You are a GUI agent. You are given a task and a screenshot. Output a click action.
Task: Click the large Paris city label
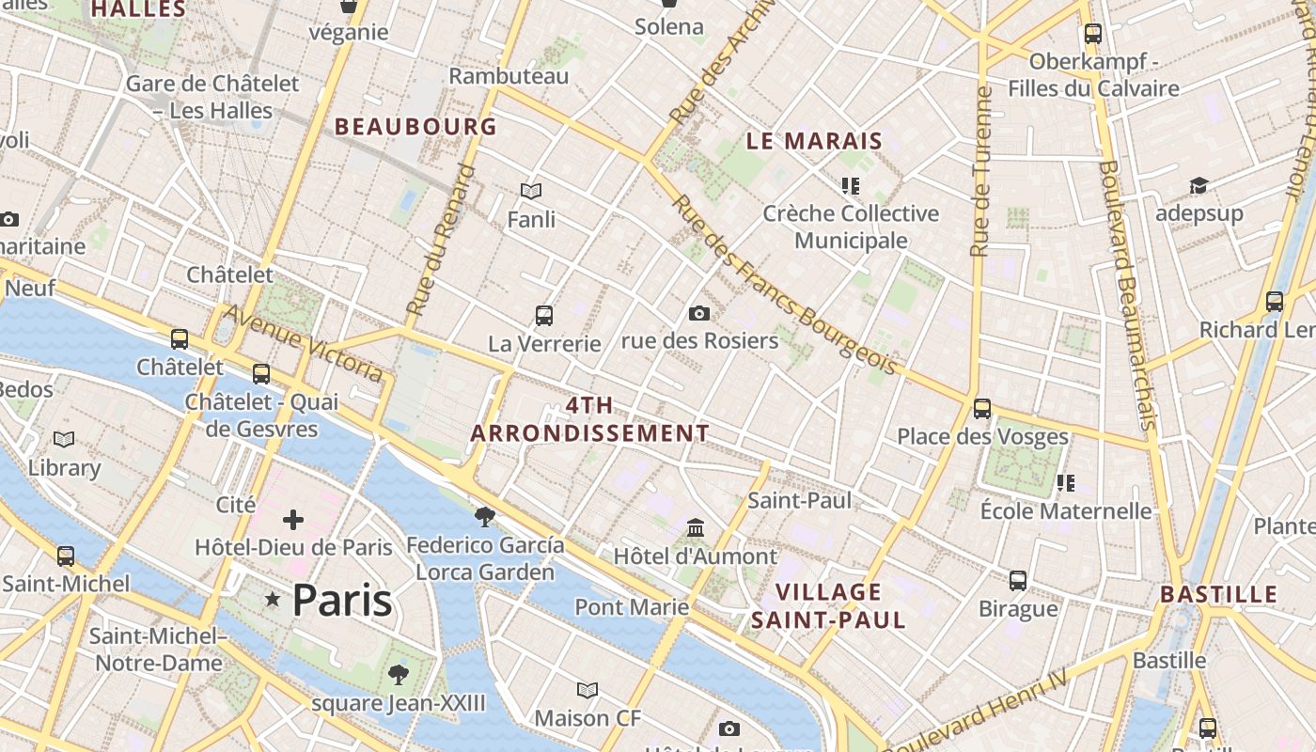coord(341,600)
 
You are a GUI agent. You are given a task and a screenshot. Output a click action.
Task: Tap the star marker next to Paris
coord(273,599)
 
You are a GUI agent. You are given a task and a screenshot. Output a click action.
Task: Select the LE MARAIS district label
coord(814,142)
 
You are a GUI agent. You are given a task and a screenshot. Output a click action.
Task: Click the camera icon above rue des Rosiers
coord(699,313)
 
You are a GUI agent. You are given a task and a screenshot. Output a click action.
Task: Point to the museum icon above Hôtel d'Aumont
coord(696,527)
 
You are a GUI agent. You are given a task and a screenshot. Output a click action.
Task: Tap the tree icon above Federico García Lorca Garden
coord(485,516)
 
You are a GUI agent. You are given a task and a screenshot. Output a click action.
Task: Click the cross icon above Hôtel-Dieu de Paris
coord(293,519)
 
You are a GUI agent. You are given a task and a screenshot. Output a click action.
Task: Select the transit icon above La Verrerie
coord(543,315)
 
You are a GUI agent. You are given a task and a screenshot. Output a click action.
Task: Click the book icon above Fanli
coord(531,192)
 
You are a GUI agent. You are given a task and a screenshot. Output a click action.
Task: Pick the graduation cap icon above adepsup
coord(1198,185)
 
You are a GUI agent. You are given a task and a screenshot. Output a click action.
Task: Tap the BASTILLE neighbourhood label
coord(1218,594)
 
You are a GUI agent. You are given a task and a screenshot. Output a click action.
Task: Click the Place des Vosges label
coord(982,436)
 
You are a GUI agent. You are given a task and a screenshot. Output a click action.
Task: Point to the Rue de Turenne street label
coord(981,172)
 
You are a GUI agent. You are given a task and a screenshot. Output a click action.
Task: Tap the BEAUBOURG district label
coord(415,126)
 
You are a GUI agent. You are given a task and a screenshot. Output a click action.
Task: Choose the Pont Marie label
coord(632,607)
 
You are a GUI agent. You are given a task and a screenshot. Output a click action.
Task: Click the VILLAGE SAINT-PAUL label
coord(828,605)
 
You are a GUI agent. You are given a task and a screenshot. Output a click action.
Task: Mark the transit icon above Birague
coord(1018,580)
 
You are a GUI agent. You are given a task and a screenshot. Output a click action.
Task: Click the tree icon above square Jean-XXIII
coord(399,674)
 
